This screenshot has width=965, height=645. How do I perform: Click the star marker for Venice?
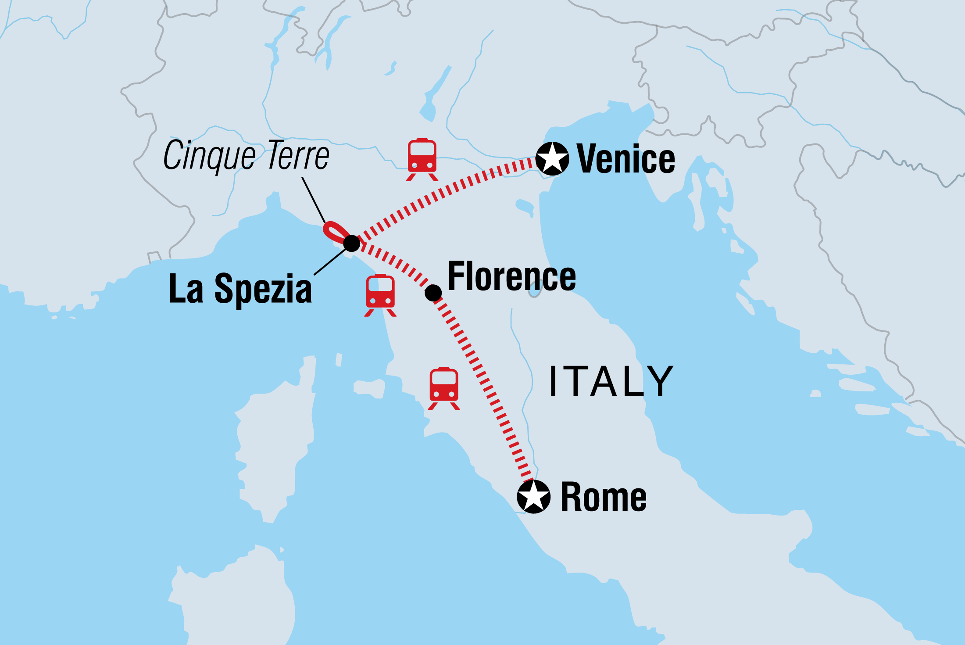[x=552, y=158]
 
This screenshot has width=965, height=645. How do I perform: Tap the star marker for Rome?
[x=533, y=496]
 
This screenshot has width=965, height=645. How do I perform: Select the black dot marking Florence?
[x=433, y=293]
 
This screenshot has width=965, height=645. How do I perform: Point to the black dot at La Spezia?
[x=352, y=243]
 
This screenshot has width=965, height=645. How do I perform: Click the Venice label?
[x=625, y=159]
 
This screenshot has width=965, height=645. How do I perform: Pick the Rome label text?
[x=604, y=497]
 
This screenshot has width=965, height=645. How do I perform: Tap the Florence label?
[x=511, y=276]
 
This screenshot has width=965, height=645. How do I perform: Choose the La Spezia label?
[x=240, y=289]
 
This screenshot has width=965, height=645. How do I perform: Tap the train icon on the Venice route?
[x=422, y=159]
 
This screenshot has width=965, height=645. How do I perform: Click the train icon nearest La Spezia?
[x=380, y=295]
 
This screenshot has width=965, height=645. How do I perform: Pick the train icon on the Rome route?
[x=444, y=388]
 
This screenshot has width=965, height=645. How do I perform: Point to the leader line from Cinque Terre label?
[x=313, y=199]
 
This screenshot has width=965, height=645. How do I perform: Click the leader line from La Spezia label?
[x=330, y=262]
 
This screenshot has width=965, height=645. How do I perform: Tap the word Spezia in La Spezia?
[x=263, y=289]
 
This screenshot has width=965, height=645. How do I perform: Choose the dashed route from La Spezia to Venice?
[x=443, y=193]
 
